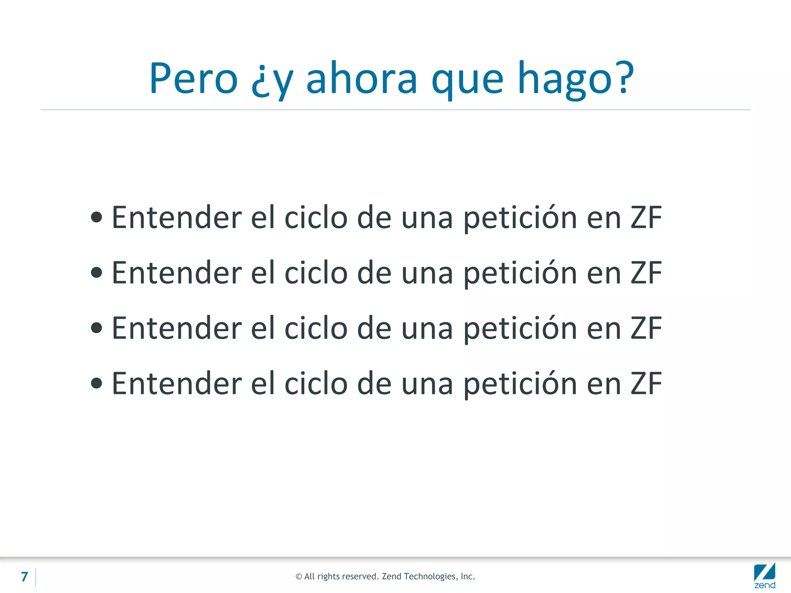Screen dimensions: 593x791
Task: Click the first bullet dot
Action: tap(97, 217)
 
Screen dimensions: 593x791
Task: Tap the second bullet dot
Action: tap(97, 273)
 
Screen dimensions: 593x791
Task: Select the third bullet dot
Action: tap(97, 328)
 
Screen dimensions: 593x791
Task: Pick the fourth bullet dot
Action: tap(97, 383)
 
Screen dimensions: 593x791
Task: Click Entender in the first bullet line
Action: tap(177, 217)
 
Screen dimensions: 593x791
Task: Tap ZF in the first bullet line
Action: tap(646, 217)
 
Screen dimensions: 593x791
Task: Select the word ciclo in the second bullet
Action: tap(316, 273)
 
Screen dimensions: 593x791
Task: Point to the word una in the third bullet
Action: tap(427, 329)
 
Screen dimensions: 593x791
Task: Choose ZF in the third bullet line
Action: tap(646, 328)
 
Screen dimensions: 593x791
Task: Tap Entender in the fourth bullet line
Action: tap(177, 383)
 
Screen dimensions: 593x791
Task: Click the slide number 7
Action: tap(25, 577)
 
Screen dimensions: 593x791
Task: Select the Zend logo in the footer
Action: tap(764, 576)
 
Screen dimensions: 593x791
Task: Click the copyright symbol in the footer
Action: tap(299, 577)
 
